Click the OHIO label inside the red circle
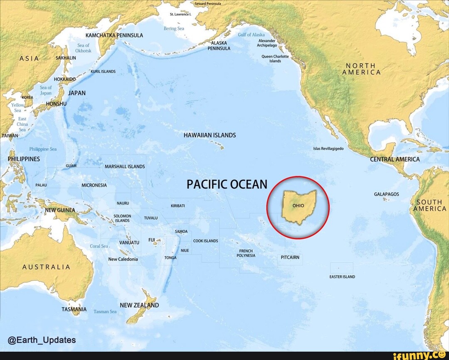point(298,206)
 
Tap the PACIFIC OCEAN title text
point(227,184)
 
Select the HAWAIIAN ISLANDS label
point(210,135)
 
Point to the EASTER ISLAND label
point(342,276)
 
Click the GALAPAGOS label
point(386,194)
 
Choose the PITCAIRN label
point(290,258)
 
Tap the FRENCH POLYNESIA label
point(246,253)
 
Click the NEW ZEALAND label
point(139,305)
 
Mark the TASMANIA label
point(74,309)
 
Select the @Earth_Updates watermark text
point(42,340)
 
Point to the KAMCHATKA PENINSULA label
point(114,35)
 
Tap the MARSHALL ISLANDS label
point(125,166)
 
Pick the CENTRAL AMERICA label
point(395,159)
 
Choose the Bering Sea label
point(174,29)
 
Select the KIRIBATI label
point(178,206)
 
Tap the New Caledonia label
point(123,259)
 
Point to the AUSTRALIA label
point(46,267)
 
